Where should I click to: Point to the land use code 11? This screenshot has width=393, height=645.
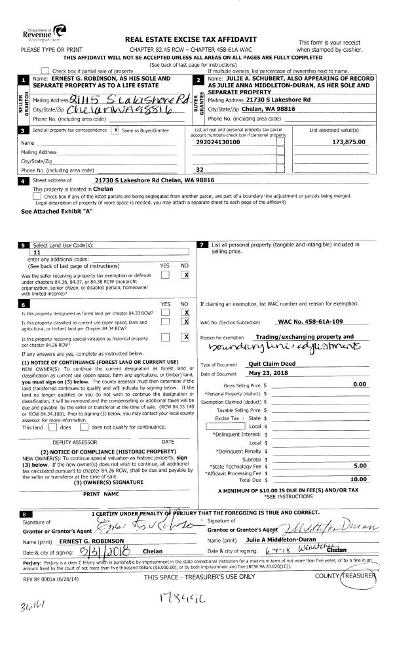(37, 252)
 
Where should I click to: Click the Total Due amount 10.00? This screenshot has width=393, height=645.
(358, 479)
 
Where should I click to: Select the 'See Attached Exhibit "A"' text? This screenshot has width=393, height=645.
(57, 212)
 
